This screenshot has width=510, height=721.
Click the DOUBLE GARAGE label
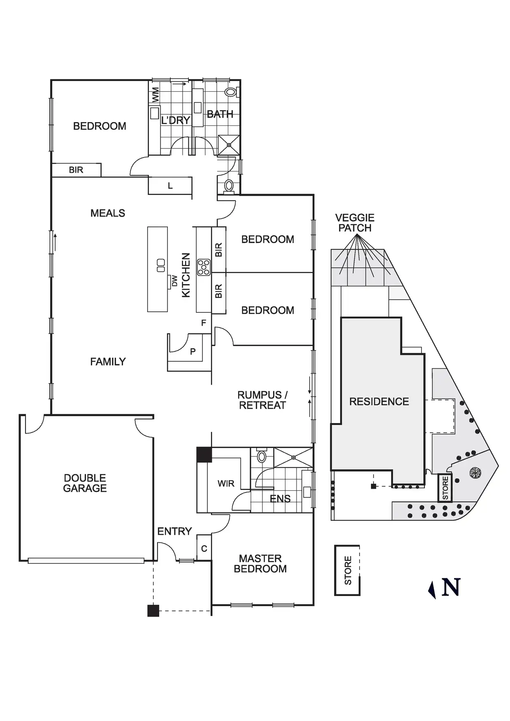point(85,483)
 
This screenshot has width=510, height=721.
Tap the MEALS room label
point(108,213)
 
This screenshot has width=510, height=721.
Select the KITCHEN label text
point(186,275)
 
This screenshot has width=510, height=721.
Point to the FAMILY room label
point(108,362)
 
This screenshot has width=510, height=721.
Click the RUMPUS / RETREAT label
point(262,400)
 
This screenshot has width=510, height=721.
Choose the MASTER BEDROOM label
point(260,564)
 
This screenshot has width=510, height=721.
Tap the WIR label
point(226,483)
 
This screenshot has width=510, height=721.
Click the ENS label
point(280,499)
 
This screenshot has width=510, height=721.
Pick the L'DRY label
point(176,120)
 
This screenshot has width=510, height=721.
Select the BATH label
point(220,114)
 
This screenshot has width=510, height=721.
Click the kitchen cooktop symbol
point(204,267)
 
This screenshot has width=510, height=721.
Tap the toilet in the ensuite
point(262,456)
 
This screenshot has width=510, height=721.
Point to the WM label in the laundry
point(155,95)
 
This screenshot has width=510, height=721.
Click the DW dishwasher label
point(174,281)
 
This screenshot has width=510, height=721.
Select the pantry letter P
point(192,351)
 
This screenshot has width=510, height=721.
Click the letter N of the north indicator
point(451,587)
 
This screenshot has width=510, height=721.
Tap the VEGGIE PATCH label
point(355,223)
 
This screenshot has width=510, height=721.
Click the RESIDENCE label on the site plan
point(379,402)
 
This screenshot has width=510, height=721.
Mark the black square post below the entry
point(153,611)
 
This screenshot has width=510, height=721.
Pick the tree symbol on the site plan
point(475,473)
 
